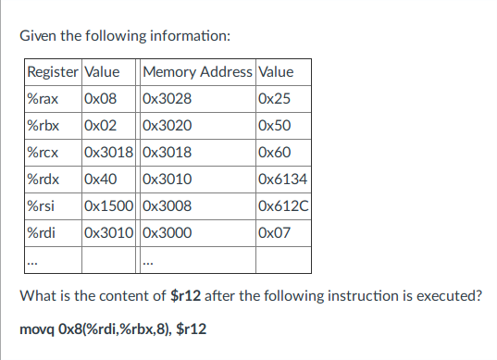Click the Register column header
click(53, 72)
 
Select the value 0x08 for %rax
click(100, 99)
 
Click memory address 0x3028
click(168, 99)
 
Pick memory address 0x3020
click(168, 126)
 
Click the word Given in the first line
click(40, 36)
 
